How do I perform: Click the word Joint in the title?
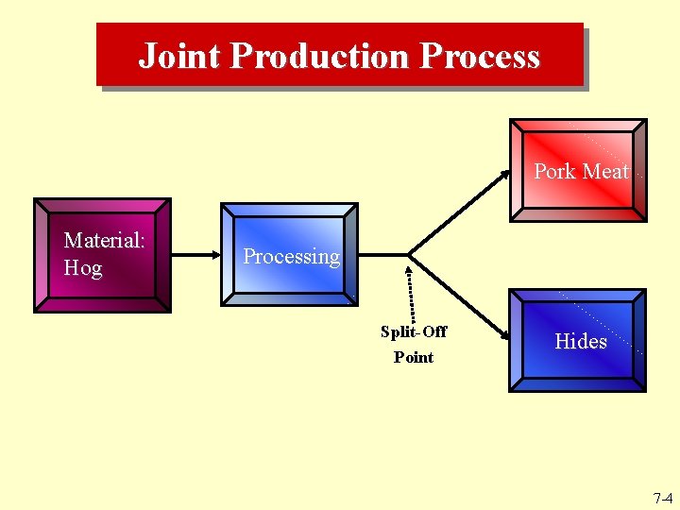click(179, 57)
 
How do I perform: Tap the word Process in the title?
click(481, 57)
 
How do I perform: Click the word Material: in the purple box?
click(104, 241)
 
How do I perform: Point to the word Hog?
click(83, 268)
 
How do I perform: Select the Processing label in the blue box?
click(291, 257)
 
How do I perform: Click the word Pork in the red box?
click(554, 171)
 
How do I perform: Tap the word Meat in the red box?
click(605, 171)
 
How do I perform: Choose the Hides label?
click(581, 341)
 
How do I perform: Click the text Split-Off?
click(414, 331)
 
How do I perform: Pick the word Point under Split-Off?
click(414, 357)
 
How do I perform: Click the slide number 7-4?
click(662, 498)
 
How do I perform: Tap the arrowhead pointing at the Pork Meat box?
click(503, 176)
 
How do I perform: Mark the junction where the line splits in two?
click(409, 255)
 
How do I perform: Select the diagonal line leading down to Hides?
click(453, 293)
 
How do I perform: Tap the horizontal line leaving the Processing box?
click(382, 255)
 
